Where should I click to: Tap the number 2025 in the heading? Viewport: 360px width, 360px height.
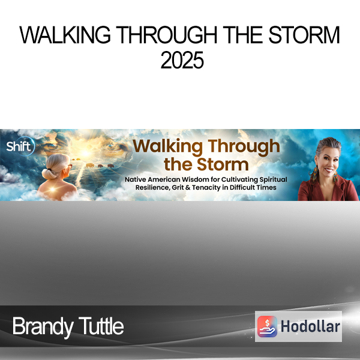(x=182, y=60)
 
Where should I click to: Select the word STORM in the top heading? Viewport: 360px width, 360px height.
(x=304, y=35)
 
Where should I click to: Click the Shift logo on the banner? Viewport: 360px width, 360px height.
(x=20, y=146)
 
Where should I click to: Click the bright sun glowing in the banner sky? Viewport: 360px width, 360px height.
(x=85, y=153)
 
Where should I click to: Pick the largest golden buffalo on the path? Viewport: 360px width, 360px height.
(x=90, y=166)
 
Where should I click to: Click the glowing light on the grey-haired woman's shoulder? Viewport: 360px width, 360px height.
(x=53, y=190)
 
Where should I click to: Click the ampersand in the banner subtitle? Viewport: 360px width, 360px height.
(x=188, y=188)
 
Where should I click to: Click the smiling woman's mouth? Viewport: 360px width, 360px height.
(x=329, y=170)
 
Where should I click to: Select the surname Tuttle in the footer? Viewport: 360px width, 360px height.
(x=101, y=326)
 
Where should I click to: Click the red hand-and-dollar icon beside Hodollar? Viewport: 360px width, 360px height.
(x=267, y=326)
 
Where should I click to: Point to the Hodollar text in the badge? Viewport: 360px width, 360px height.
(x=310, y=326)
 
